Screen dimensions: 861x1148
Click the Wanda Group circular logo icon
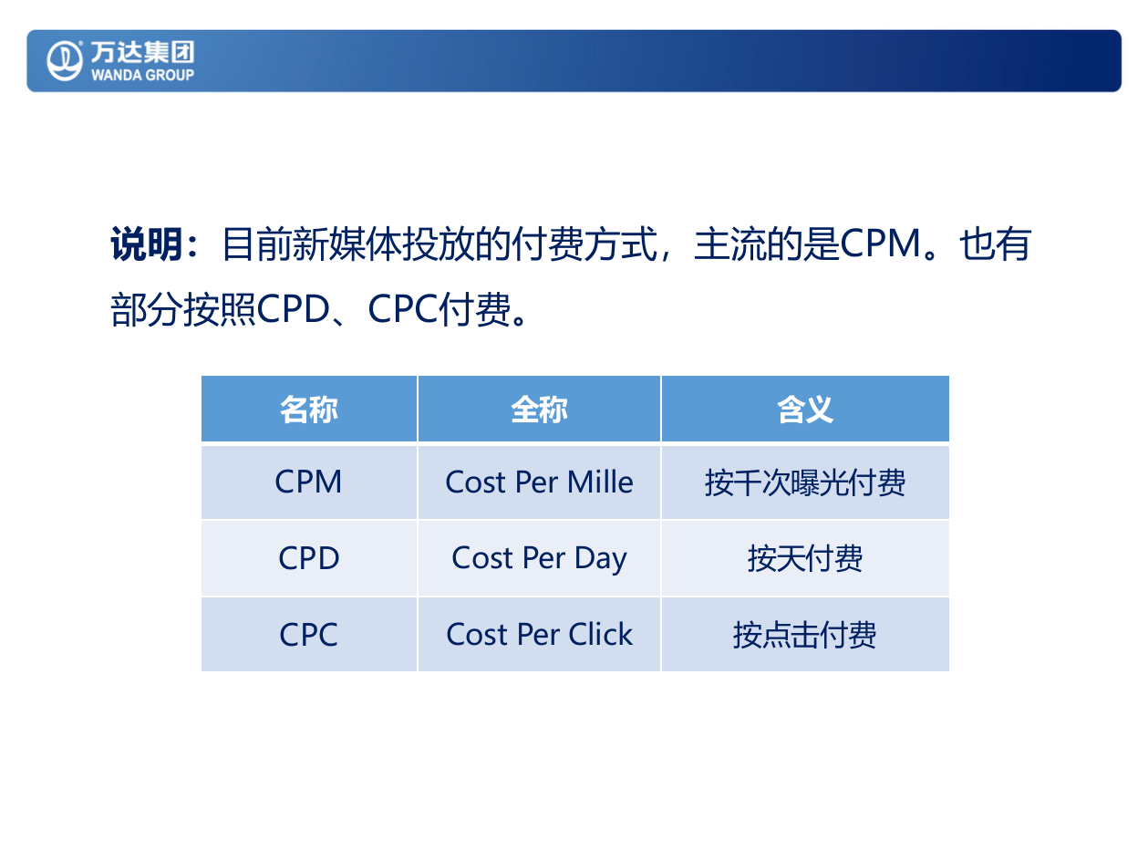tap(65, 60)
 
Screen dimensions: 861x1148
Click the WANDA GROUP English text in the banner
tap(142, 75)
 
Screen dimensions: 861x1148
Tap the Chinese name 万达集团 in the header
tap(142, 52)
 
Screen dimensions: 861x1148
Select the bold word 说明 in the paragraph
tap(147, 245)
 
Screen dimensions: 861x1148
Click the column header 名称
tap(309, 410)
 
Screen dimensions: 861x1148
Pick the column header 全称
tap(539, 410)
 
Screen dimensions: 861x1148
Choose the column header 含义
tap(805, 410)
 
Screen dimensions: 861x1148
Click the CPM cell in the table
tap(309, 482)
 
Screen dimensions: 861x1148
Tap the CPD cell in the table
tap(309, 558)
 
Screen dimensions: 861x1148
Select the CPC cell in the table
tap(309, 635)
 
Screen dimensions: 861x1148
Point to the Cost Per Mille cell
tap(539, 482)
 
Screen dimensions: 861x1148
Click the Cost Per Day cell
tap(539, 558)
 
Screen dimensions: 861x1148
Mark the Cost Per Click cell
tap(539, 635)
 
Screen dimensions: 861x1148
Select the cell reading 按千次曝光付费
tap(805, 482)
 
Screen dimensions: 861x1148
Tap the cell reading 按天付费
tap(805, 558)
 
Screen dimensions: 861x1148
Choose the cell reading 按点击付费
tap(805, 635)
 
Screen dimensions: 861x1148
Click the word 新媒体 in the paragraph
tap(347, 245)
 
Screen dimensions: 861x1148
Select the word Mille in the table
tap(600, 482)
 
